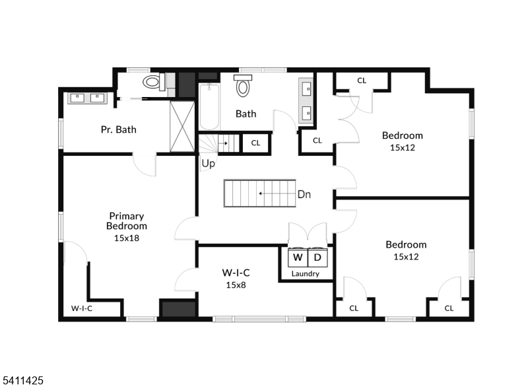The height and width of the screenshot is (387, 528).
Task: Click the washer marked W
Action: [x=298, y=257]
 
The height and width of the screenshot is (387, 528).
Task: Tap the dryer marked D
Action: [x=317, y=257]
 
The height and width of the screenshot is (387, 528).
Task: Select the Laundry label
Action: [x=306, y=273]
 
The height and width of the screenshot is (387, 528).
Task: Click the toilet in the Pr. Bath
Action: [x=153, y=83]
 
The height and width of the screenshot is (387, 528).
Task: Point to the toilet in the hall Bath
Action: [x=244, y=87]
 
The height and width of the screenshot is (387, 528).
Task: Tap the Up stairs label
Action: [x=209, y=163]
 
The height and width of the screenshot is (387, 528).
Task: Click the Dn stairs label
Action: [x=304, y=194]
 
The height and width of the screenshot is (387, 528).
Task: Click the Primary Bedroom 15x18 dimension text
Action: [x=127, y=238]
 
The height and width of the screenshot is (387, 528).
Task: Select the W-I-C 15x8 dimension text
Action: [x=235, y=285]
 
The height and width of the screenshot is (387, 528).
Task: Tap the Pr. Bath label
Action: [x=119, y=129]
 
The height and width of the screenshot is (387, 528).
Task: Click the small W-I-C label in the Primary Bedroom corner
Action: [x=82, y=308]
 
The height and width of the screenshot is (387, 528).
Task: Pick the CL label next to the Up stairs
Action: [x=256, y=143]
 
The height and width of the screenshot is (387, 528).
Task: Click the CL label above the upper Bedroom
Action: [x=362, y=81]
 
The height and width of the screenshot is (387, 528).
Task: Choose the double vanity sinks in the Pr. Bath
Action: [x=87, y=98]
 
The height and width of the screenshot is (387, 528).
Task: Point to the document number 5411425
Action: [x=23, y=380]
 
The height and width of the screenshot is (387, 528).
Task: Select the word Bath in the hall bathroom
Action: [x=246, y=114]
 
